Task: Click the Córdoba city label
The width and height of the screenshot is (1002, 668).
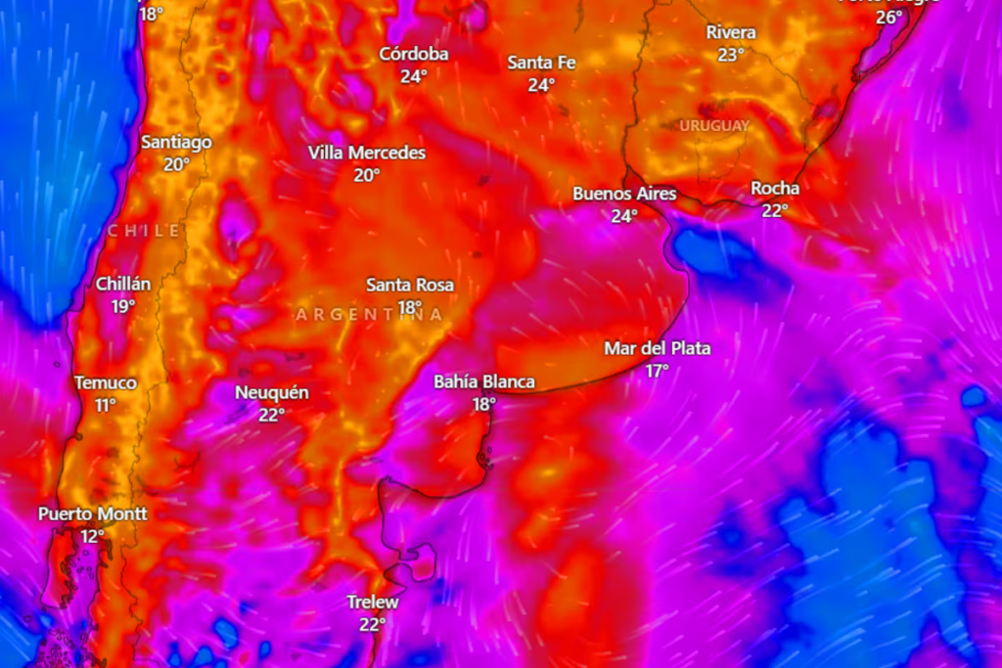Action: tap(414, 54)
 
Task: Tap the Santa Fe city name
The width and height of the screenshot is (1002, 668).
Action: tap(541, 63)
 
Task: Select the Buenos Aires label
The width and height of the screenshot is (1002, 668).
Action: tap(624, 194)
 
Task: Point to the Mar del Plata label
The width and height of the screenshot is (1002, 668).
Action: tap(657, 348)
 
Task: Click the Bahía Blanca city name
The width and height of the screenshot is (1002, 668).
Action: tap(484, 381)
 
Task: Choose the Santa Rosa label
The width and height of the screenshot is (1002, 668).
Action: tap(410, 285)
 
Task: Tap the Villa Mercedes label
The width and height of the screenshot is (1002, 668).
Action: tap(367, 153)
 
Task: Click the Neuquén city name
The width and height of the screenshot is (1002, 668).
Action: tap(272, 393)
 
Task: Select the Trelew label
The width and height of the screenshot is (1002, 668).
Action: tap(373, 602)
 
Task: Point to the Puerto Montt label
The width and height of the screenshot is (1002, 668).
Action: tap(93, 513)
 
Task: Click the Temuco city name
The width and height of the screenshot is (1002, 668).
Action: tap(106, 382)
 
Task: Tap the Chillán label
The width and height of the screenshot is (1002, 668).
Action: tap(123, 285)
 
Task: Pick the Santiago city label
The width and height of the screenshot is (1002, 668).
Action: tap(176, 142)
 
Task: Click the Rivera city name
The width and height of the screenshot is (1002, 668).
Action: tap(731, 32)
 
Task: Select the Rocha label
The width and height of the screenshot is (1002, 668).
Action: tap(775, 188)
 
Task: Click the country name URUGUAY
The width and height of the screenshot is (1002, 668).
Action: tap(714, 125)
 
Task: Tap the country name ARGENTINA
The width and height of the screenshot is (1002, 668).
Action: tap(369, 314)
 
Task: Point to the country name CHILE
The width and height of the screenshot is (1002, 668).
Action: tap(144, 231)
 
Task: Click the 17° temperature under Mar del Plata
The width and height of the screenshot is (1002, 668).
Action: tap(657, 371)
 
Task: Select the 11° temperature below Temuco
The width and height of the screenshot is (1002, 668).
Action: tap(106, 405)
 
